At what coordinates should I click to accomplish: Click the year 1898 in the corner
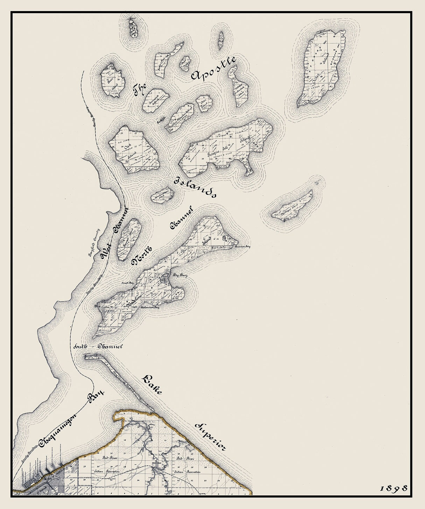394,488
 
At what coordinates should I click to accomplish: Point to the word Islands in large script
195,189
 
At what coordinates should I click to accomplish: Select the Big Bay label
181,275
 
